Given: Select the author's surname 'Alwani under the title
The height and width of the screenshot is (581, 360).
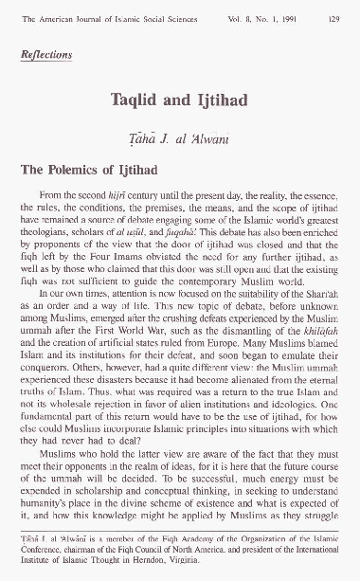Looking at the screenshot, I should click(x=215, y=129).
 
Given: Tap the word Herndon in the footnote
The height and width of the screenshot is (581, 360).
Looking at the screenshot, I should click(x=205, y=562).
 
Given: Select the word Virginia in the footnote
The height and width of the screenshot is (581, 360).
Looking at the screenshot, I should click(x=243, y=562).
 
